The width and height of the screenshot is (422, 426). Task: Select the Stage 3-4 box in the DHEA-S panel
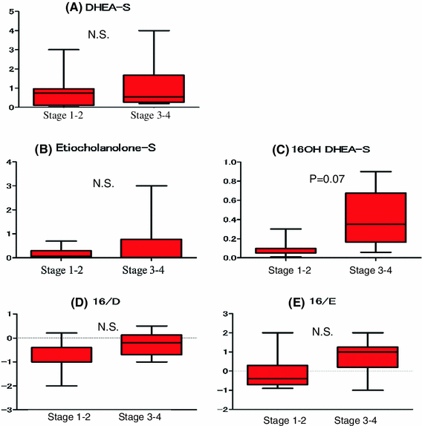[x=154, y=88]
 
